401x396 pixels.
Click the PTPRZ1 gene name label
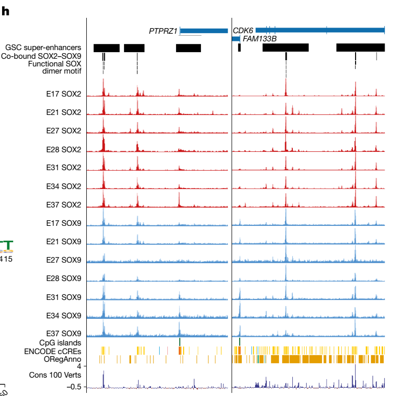tap(163, 31)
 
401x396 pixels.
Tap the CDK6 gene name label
tap(243, 31)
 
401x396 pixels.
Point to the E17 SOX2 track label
tap(63, 94)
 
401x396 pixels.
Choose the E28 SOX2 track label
tap(63, 149)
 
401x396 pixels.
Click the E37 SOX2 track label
tap(63, 204)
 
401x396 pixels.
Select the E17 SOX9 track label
tap(63, 223)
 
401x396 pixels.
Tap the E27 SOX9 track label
tap(63, 260)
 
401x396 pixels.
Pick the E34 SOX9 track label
tap(63, 315)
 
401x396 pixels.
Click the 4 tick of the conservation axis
tap(79, 366)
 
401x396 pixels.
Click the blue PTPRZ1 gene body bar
tap(204, 31)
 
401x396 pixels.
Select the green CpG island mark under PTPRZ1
tap(180, 341)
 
